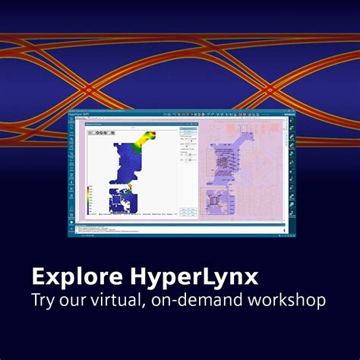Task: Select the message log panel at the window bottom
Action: (175, 229)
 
